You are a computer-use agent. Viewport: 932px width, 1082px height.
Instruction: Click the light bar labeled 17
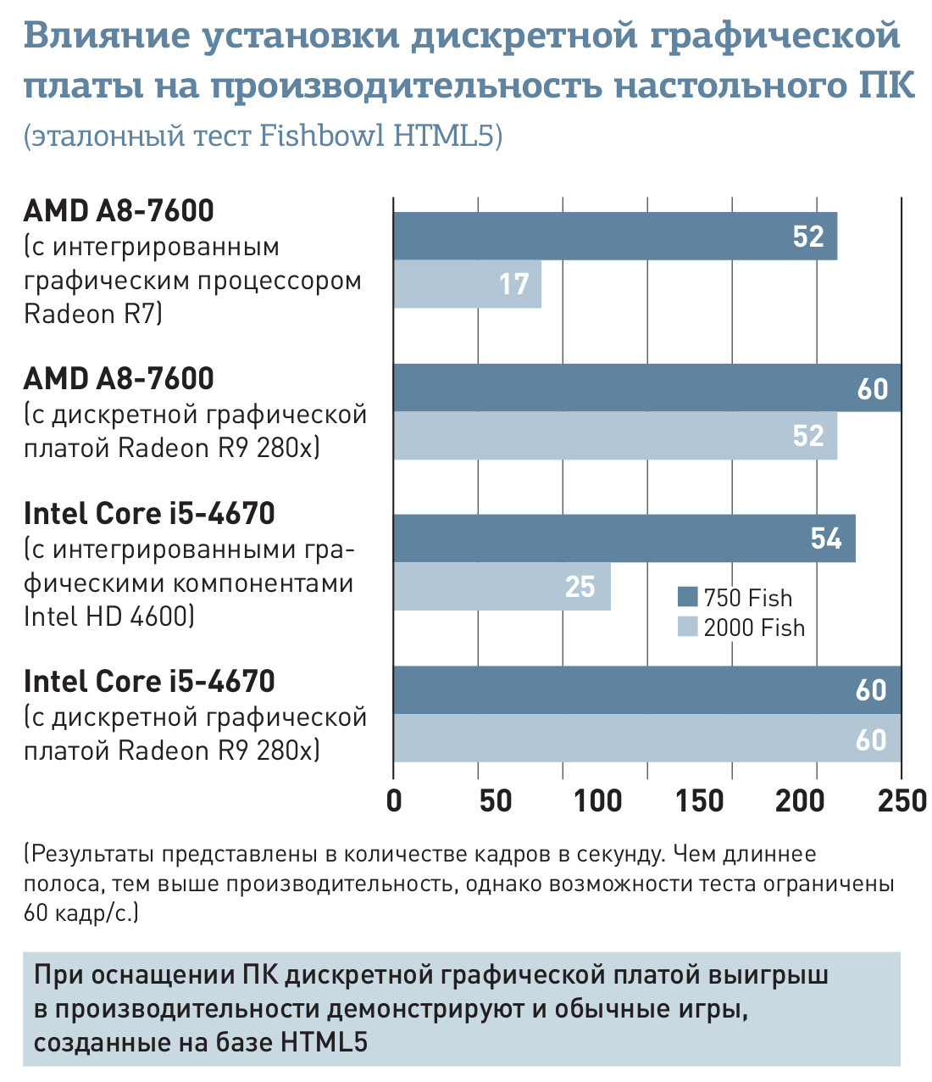[x=466, y=284]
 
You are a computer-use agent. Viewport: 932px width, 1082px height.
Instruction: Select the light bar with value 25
[x=501, y=586]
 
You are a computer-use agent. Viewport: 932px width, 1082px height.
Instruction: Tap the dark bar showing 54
[x=624, y=538]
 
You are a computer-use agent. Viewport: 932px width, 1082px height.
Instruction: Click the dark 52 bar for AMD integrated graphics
[x=614, y=236]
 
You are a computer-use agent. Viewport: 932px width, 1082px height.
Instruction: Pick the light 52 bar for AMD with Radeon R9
[x=614, y=436]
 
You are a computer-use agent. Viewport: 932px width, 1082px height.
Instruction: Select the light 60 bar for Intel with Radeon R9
[x=646, y=739]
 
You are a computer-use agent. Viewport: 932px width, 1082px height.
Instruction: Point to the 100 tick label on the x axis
[x=597, y=800]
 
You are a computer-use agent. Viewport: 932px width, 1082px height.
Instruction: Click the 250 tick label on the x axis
[x=901, y=800]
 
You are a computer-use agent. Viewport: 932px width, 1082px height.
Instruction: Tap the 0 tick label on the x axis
[x=394, y=800]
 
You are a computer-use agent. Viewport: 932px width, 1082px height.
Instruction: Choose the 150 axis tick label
[x=700, y=800]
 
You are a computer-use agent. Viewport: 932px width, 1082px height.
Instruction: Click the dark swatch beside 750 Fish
[x=687, y=597]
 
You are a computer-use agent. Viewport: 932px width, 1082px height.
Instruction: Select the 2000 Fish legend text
[x=754, y=628]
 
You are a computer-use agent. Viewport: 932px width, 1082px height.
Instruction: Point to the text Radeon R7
[x=92, y=314]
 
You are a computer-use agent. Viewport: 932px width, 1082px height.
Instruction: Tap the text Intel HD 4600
[x=108, y=616]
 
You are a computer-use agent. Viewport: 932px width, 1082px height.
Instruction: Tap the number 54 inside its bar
[x=825, y=538]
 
